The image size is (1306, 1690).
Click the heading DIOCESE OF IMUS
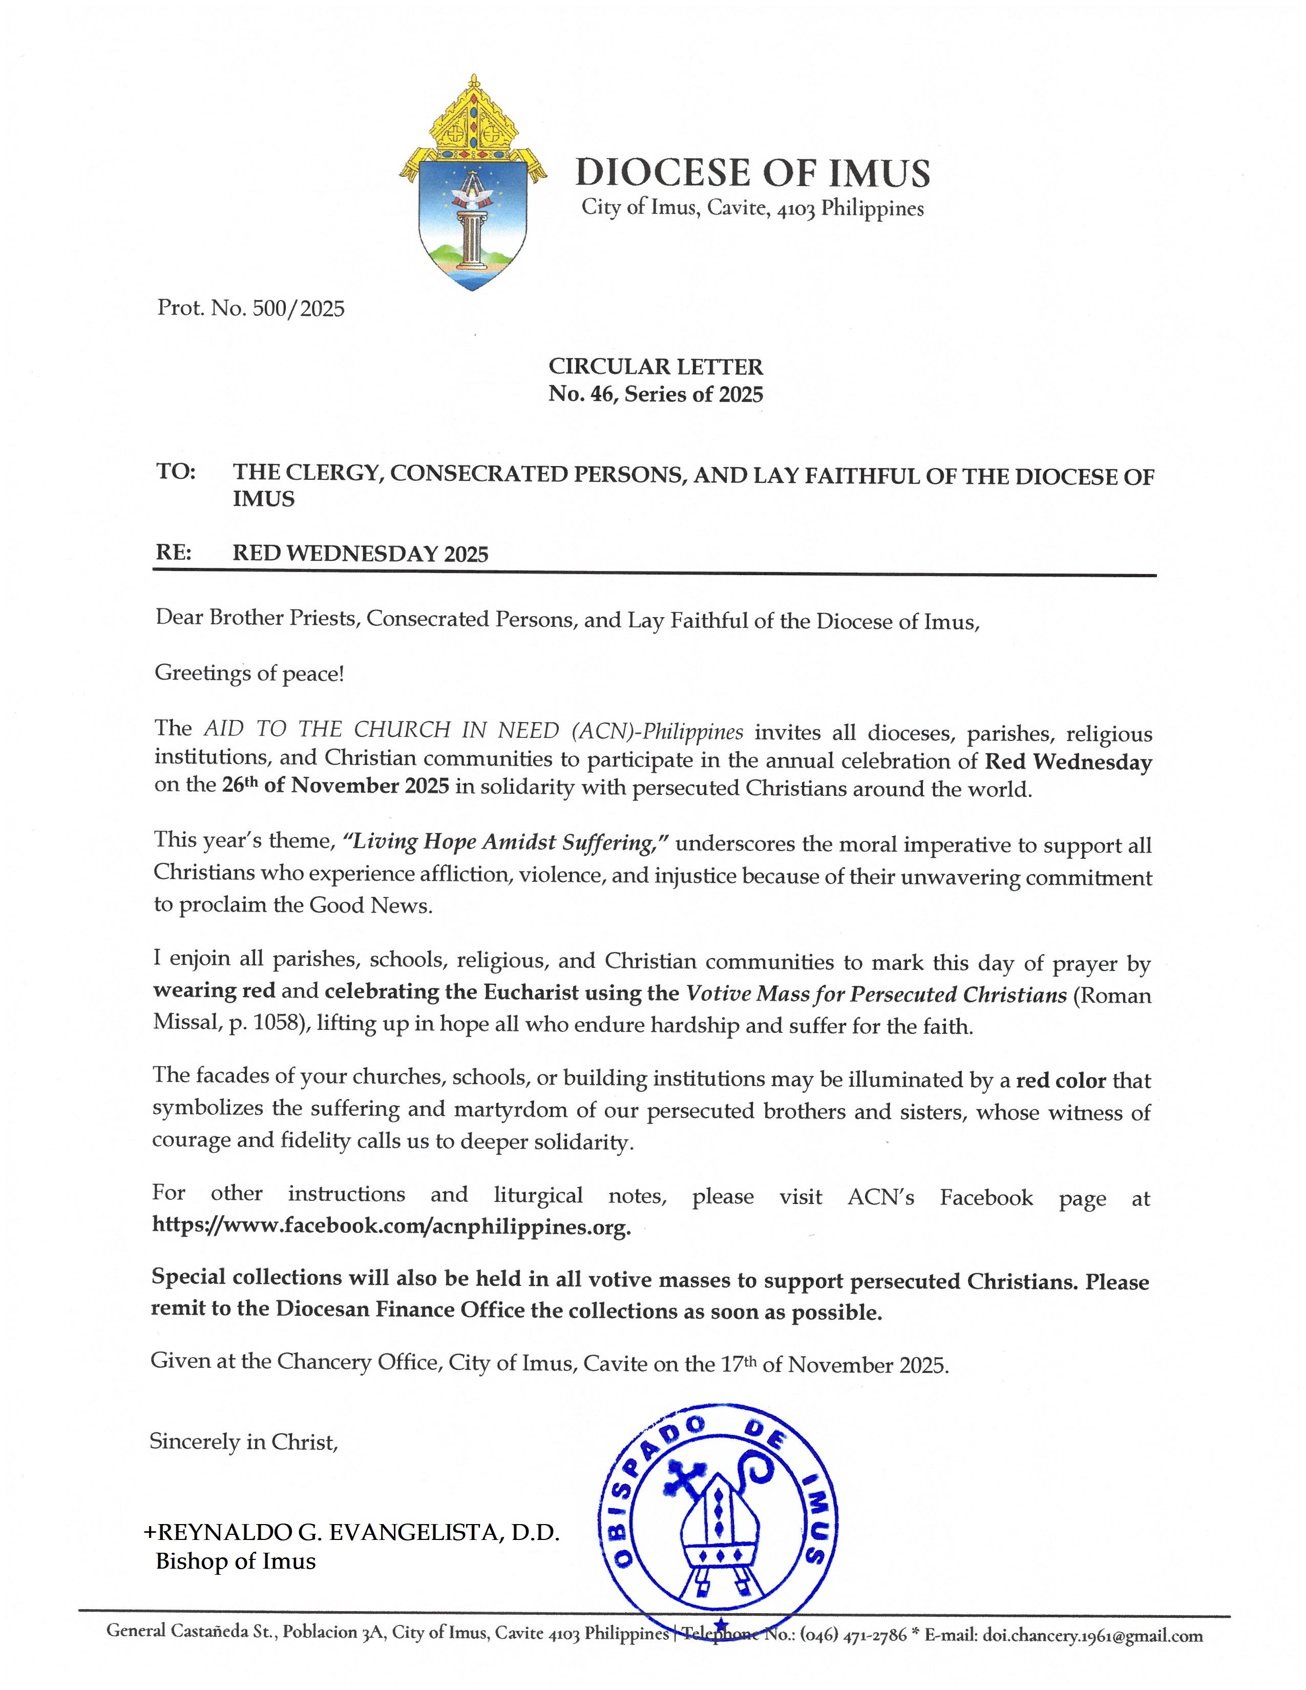(x=752, y=173)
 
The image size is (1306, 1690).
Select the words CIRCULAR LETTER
(x=656, y=366)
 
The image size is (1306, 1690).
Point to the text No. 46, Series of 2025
(x=656, y=395)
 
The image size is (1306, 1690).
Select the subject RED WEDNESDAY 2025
(x=361, y=554)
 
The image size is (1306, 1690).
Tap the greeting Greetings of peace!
(x=249, y=673)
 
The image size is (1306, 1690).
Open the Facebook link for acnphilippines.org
(x=391, y=1227)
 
